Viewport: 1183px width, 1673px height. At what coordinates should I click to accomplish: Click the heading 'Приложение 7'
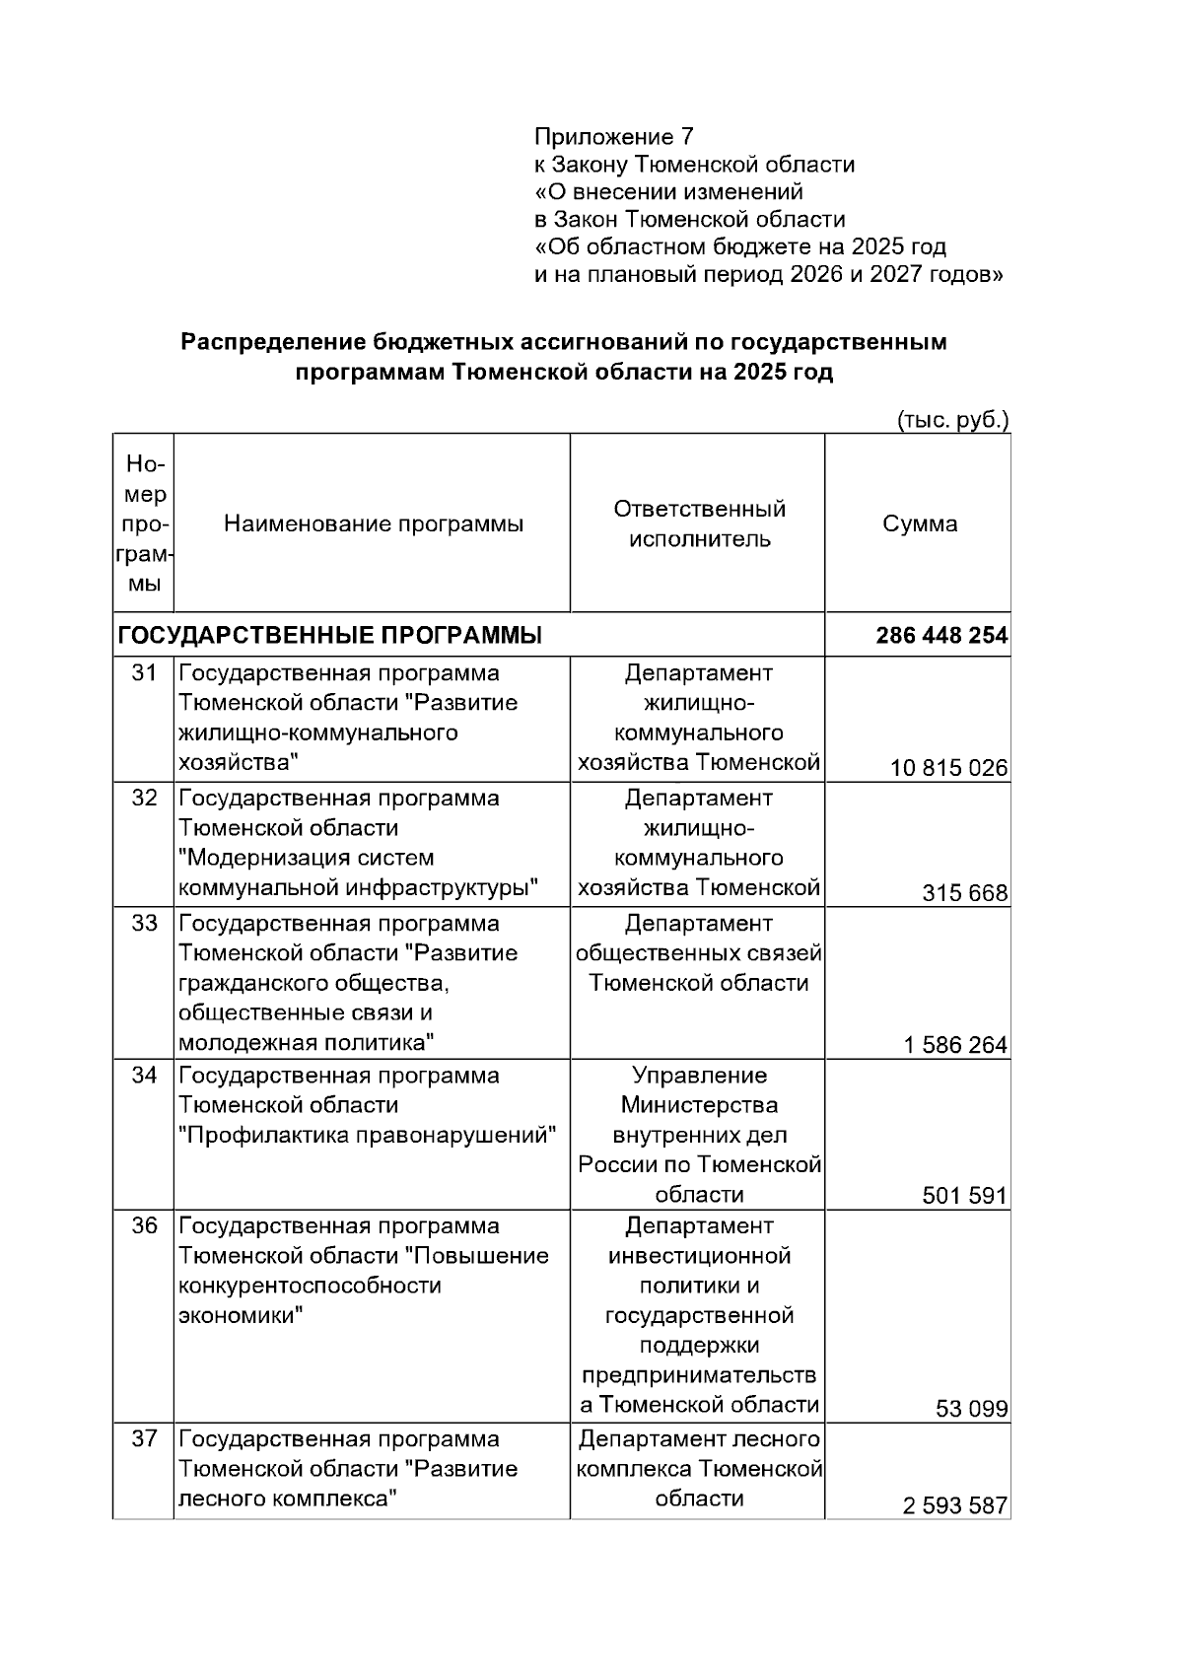(x=614, y=136)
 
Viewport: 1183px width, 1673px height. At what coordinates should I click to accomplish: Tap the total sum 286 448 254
(x=941, y=636)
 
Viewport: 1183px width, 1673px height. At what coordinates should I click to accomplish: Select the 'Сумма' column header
(x=919, y=524)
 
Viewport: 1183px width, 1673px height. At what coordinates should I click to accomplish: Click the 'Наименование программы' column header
(x=373, y=524)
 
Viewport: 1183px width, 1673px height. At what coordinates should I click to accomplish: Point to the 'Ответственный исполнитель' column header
(x=699, y=524)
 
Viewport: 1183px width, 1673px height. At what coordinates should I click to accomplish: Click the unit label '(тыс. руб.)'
(x=952, y=421)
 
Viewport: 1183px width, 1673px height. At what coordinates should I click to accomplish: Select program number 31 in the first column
(x=145, y=673)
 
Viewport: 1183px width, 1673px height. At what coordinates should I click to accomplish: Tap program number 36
(x=145, y=1226)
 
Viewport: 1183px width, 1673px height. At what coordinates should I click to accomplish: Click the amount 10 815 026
(x=948, y=768)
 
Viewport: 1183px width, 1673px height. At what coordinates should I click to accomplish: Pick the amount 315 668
(x=964, y=893)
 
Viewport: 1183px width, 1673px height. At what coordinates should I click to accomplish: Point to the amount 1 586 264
(x=955, y=1045)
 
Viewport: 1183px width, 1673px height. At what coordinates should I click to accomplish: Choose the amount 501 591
(x=964, y=1197)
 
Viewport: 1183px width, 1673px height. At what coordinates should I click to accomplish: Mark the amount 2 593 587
(x=954, y=1506)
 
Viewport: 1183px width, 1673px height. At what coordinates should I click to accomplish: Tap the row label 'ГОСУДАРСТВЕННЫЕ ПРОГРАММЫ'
(x=330, y=636)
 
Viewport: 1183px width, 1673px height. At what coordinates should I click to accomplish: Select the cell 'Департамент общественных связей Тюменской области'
(x=699, y=954)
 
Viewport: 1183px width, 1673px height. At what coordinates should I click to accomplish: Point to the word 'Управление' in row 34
(x=699, y=1076)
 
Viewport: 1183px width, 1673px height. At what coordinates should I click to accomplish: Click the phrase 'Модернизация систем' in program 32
(x=306, y=858)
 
